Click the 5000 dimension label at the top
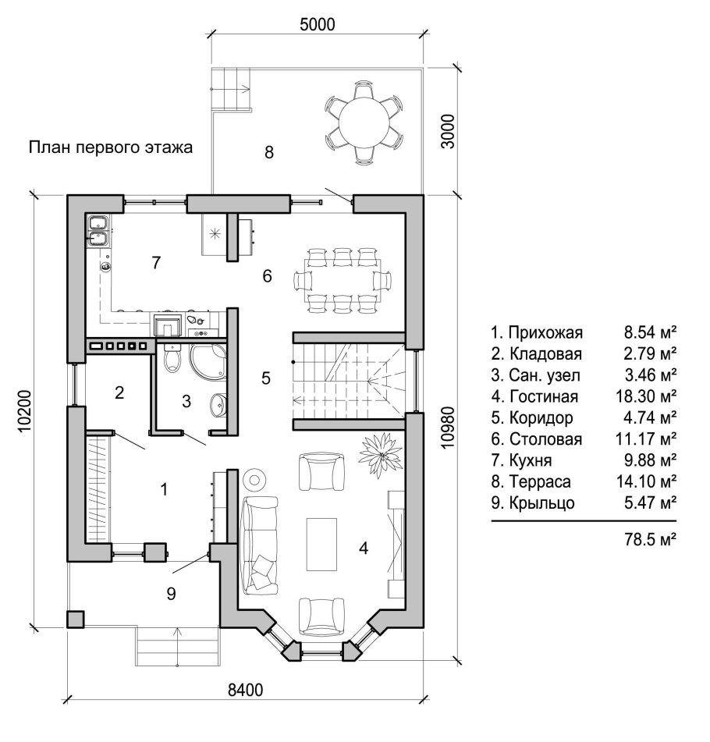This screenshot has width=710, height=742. click(x=317, y=24)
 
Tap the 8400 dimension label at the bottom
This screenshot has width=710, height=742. click(x=245, y=690)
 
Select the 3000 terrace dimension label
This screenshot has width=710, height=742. click(x=447, y=131)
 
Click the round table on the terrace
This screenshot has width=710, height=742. click(x=364, y=122)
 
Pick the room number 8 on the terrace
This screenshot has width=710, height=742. click(x=269, y=152)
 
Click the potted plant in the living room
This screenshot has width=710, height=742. click(x=381, y=455)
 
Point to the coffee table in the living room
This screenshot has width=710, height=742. click(x=322, y=544)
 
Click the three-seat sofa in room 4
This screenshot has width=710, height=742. click(x=260, y=545)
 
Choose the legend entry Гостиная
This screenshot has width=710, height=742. click(x=543, y=396)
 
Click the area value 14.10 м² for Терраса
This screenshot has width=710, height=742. click(x=646, y=481)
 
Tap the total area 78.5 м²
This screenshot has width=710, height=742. click(x=650, y=539)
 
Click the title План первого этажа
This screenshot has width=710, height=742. click(x=111, y=147)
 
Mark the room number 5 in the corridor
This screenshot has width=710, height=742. click(x=266, y=378)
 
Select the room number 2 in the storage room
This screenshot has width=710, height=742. click(x=119, y=392)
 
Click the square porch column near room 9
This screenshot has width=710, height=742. click(x=76, y=620)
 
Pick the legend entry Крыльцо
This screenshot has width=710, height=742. click(x=541, y=502)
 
